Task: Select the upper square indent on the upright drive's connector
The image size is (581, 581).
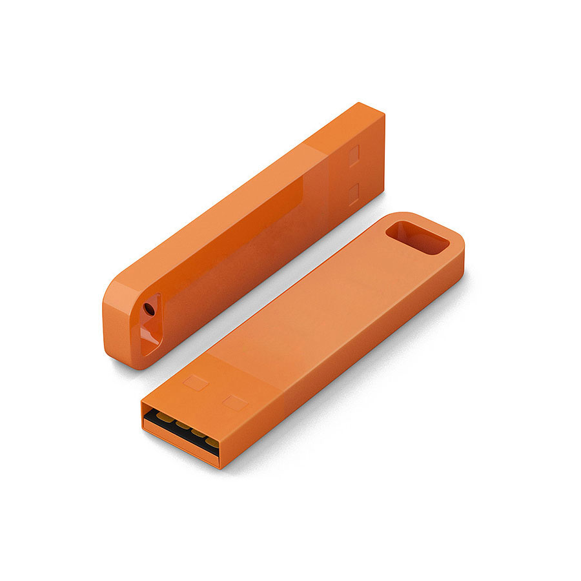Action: (353, 156)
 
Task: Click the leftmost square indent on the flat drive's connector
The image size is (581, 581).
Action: (196, 382)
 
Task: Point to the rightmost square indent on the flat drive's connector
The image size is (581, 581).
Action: (235, 403)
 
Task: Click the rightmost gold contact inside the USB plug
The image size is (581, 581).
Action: (212, 442)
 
